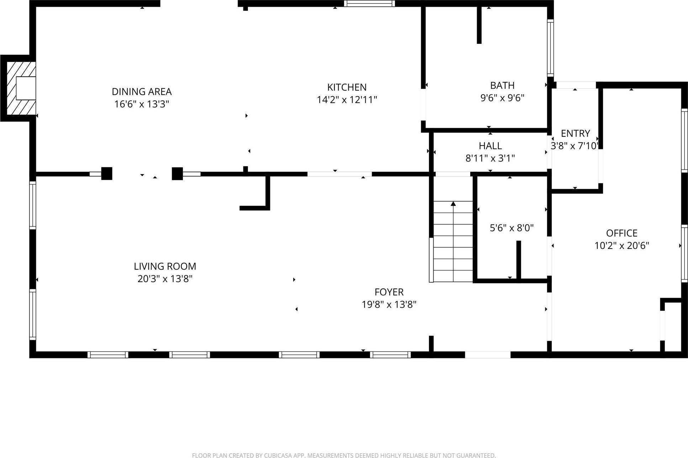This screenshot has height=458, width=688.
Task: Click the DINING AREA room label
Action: coord(142,92)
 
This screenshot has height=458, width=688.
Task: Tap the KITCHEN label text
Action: coord(347,87)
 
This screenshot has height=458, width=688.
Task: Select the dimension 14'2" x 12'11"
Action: coord(347,100)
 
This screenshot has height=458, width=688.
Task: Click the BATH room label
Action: coord(502,85)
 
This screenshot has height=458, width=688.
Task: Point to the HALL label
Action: coord(490,146)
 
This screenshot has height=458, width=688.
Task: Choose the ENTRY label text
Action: coord(575,133)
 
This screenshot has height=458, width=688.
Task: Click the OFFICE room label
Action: coord(621,233)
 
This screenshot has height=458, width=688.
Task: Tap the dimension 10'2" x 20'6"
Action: coord(621,246)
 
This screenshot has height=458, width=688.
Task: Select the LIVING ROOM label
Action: coord(165,266)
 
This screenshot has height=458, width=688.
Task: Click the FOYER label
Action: coord(389,292)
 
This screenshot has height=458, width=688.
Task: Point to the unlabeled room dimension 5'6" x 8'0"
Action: coord(512,228)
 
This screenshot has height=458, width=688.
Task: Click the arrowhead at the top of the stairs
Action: coord(453,204)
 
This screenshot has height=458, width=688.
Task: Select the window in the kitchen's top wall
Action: coord(369,4)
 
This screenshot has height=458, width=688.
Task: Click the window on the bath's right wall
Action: coord(550,48)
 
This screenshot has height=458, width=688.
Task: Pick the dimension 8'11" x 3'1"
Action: coord(490,158)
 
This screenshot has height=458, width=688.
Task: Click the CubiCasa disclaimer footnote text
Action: coord(344,455)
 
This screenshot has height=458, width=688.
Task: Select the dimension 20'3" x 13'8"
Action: coord(165,279)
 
